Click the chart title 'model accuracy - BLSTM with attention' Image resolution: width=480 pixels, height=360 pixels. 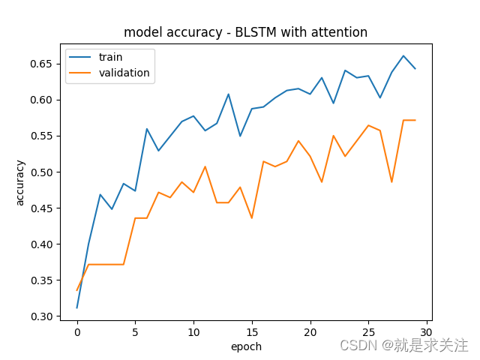[x=245, y=32]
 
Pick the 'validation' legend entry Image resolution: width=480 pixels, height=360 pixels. [x=124, y=73]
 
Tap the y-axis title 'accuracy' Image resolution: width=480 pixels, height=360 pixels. [x=20, y=182]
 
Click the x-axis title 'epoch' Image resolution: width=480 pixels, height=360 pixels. [x=246, y=346]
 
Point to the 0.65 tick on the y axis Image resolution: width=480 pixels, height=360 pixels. [x=44, y=64]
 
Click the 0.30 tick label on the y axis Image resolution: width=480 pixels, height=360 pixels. [x=44, y=316]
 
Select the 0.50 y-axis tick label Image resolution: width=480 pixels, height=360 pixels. [x=44, y=172]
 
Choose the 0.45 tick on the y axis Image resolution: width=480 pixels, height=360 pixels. [x=44, y=208]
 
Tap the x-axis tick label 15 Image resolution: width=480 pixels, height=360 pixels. [x=252, y=331]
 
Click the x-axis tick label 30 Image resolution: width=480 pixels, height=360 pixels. [x=427, y=331]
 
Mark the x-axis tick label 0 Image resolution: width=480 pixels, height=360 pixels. [x=77, y=331]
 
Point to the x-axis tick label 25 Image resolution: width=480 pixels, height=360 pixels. [x=368, y=331]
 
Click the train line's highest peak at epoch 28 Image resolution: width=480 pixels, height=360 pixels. [x=403, y=55]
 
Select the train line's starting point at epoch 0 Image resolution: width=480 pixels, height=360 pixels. [x=77, y=307]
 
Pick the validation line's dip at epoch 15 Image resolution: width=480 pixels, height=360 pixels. [x=252, y=218]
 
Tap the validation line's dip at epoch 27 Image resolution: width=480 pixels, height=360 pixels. [x=391, y=181]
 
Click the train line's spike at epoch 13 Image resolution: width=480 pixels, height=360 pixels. [x=229, y=94]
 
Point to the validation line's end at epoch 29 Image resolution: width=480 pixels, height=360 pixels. [x=415, y=120]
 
